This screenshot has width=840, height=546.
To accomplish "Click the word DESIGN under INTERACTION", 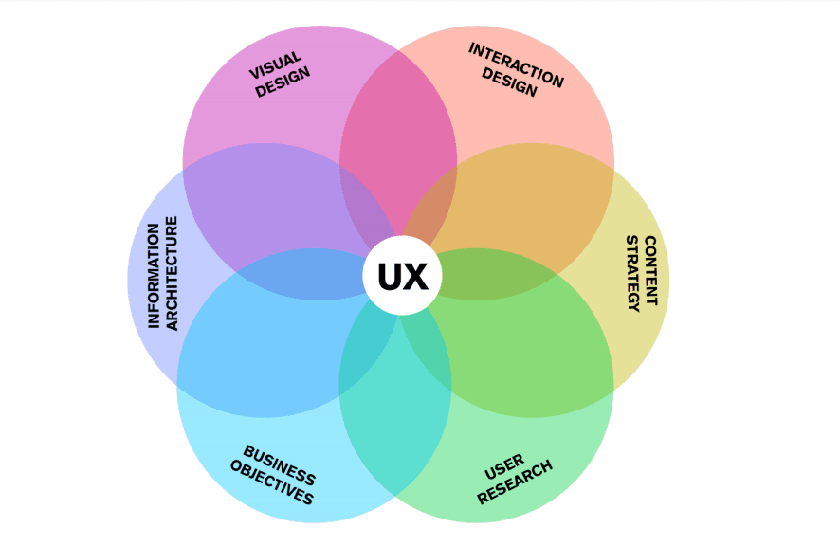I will [509, 82].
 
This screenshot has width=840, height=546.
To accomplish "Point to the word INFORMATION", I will [154, 275].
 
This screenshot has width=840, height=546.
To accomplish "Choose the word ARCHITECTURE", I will [172, 273].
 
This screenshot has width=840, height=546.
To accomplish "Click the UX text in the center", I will [403, 276].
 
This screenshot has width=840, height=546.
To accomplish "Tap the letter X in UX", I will [416, 276].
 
